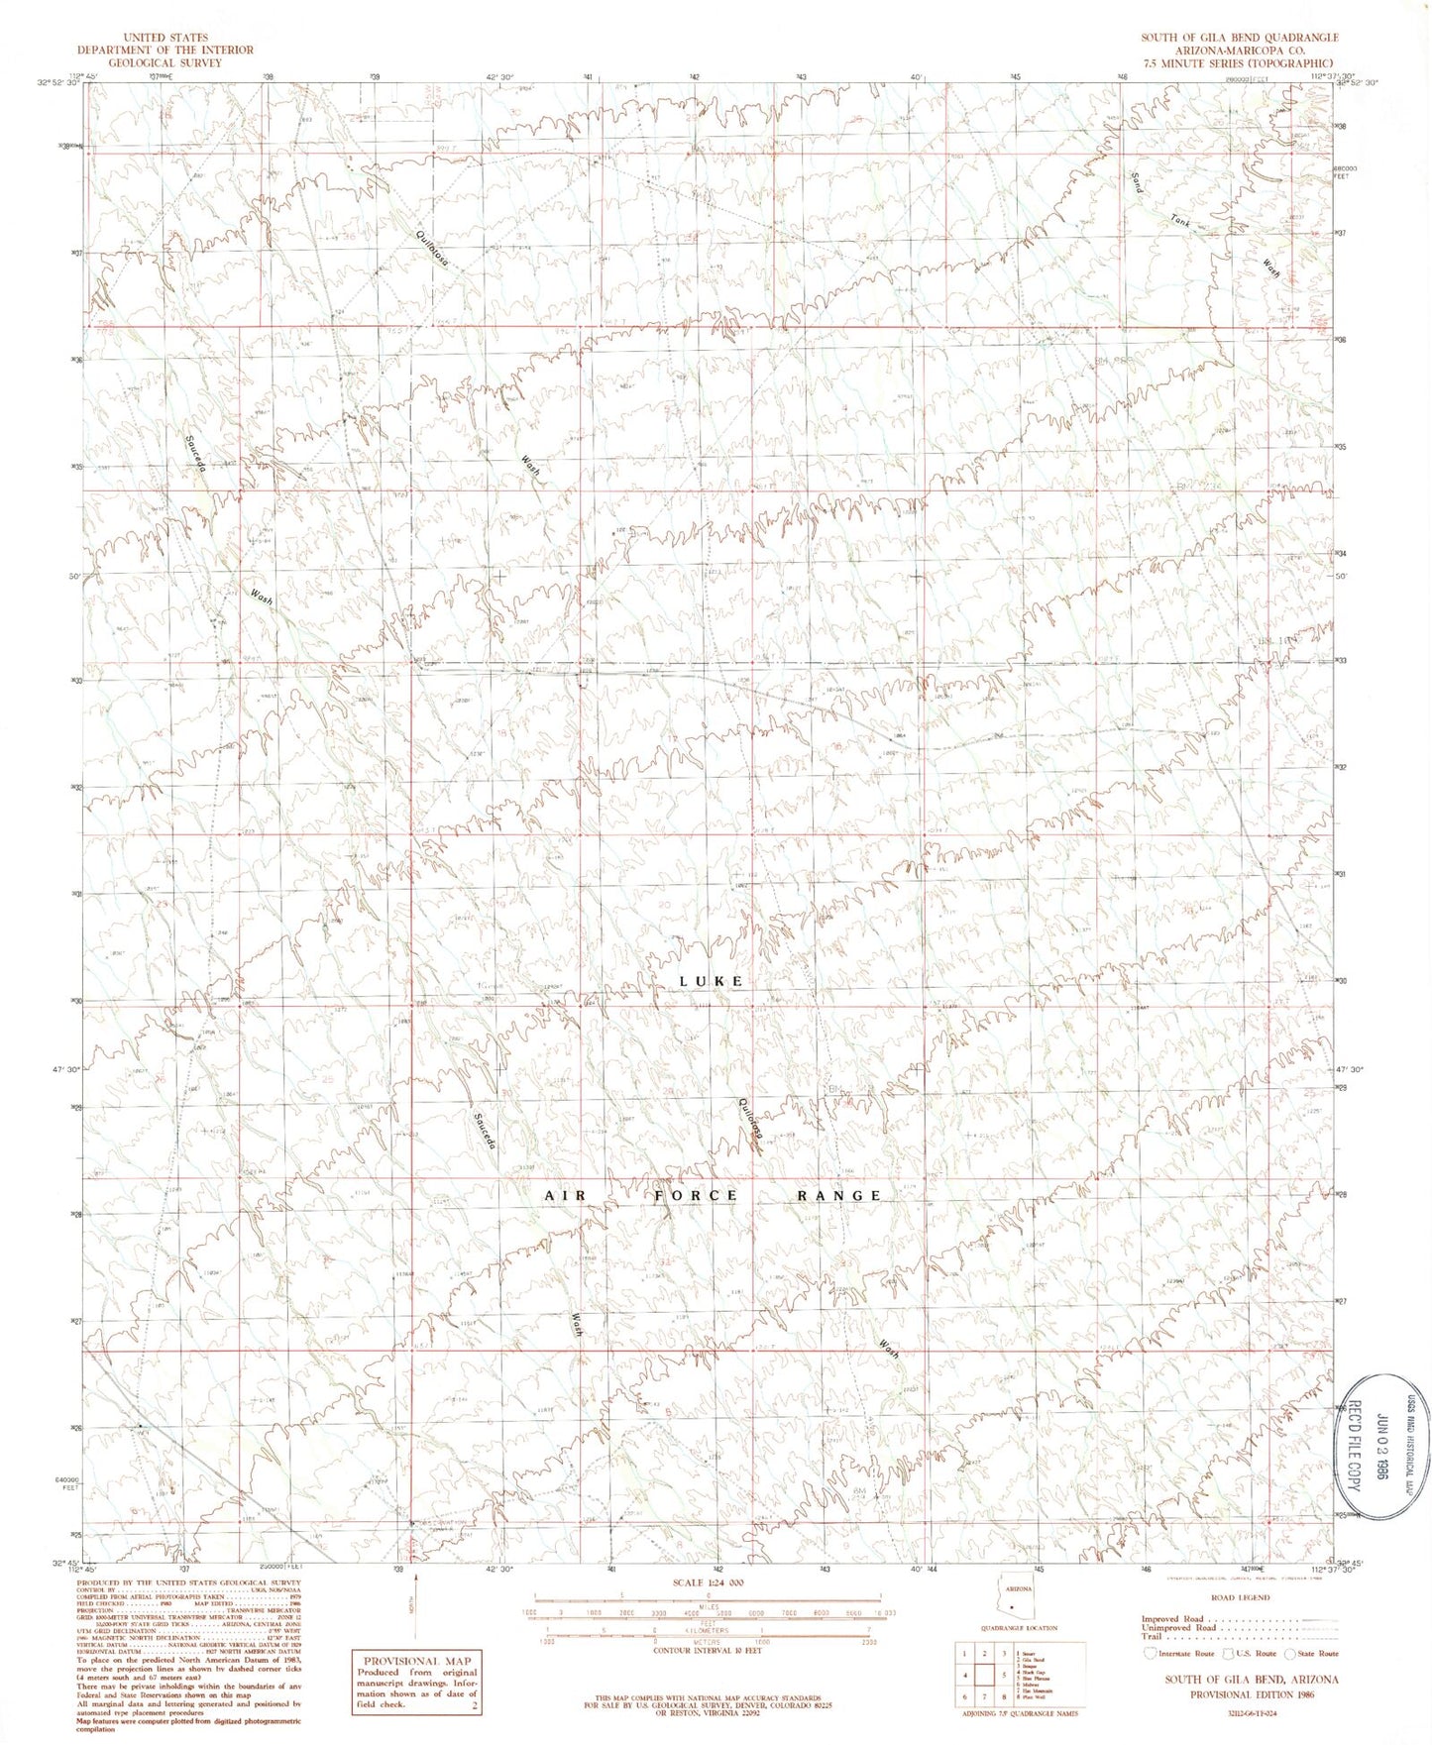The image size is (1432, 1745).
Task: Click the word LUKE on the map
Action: click(x=711, y=981)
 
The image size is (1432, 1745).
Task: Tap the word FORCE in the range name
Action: click(x=696, y=1196)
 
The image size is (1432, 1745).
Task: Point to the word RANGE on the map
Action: click(x=839, y=1196)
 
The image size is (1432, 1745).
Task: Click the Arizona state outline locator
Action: click(x=1012, y=1602)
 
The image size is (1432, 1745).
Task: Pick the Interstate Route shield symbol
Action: click(x=1150, y=1653)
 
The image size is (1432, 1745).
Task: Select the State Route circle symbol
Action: click(x=1290, y=1653)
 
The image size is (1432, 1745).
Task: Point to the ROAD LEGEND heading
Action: click(x=1239, y=1598)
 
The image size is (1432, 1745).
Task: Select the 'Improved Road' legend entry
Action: click(x=1173, y=1619)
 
